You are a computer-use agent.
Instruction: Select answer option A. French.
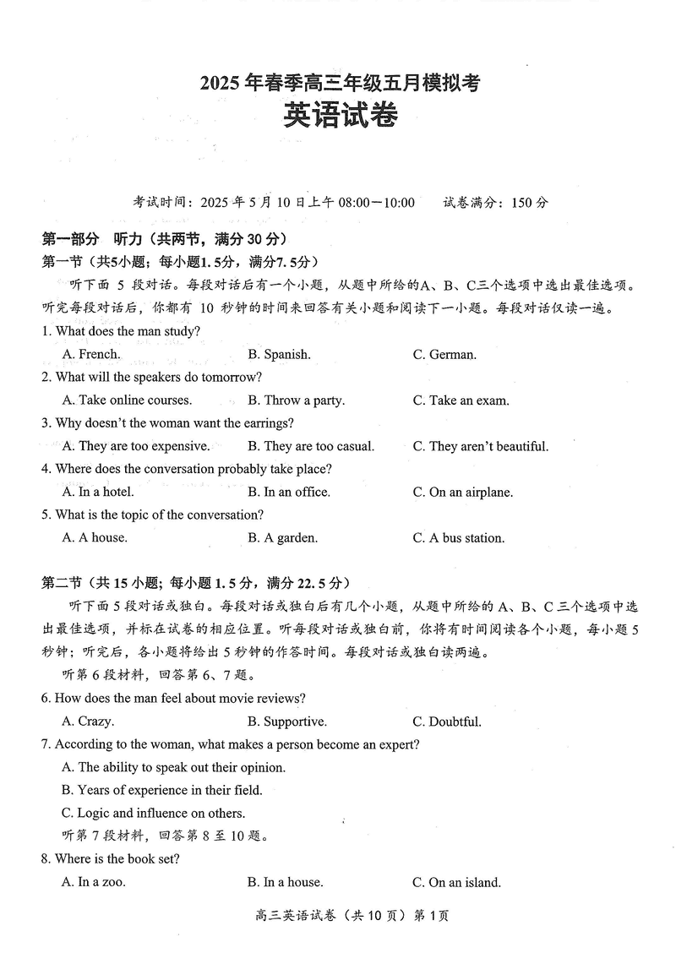(x=91, y=355)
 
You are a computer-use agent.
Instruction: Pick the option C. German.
(x=444, y=355)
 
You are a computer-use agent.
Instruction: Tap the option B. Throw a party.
(x=296, y=400)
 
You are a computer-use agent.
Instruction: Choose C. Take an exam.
(x=461, y=400)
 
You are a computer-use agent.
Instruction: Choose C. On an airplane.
(x=462, y=493)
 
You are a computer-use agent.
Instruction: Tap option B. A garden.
(x=282, y=537)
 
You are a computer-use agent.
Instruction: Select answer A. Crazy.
(x=88, y=722)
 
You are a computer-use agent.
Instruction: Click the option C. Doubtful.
(x=447, y=722)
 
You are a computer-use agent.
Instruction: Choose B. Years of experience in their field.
(x=162, y=790)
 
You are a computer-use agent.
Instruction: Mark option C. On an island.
(x=456, y=882)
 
